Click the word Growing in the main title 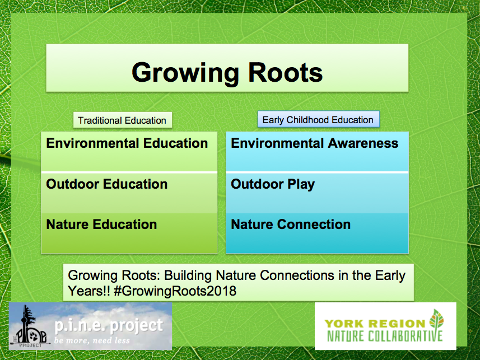pyautogui.click(x=185, y=73)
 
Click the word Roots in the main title pyautogui.click(x=286, y=73)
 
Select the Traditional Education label pyautogui.click(x=123, y=120)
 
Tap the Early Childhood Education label pyautogui.click(x=318, y=119)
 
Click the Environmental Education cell pyautogui.click(x=129, y=152)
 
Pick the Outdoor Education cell pyautogui.click(x=129, y=193)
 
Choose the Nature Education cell pyautogui.click(x=129, y=233)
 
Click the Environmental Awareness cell pyautogui.click(x=317, y=152)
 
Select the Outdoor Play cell pyautogui.click(x=317, y=193)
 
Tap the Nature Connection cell pyautogui.click(x=317, y=233)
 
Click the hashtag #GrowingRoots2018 pyautogui.click(x=175, y=291)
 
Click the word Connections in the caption pyautogui.click(x=297, y=275)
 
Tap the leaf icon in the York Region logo pyautogui.click(x=436, y=319)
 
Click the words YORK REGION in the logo pyautogui.click(x=375, y=324)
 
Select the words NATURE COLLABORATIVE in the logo pyautogui.click(x=385, y=336)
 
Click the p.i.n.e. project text pyautogui.click(x=109, y=326)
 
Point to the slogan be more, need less pyautogui.click(x=92, y=340)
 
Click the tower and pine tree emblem pyautogui.click(x=30, y=326)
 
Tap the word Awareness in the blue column pyautogui.click(x=363, y=143)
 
